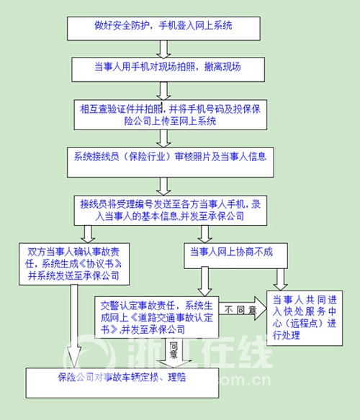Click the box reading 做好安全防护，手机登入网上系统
163,29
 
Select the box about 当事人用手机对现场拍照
168,69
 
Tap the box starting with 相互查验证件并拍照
171,115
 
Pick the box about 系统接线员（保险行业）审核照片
171,163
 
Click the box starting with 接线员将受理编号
171,210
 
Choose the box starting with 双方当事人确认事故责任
74,264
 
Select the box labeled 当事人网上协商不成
235,256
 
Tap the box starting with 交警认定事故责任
157,317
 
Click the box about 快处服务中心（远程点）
305,318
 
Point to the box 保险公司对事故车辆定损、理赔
122,383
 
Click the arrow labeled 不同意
243,309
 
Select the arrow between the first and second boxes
163,50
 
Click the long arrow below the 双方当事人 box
74,326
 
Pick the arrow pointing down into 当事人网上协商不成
204,234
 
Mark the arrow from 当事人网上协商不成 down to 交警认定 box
204,282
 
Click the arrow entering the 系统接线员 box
163,139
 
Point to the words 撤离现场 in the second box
222,66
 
